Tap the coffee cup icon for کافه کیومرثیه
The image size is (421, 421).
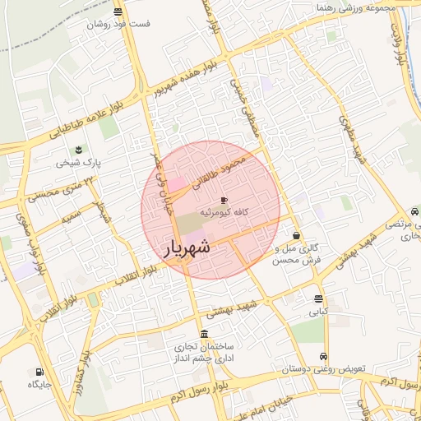[x=224, y=200]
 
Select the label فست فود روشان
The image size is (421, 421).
[x=120, y=24]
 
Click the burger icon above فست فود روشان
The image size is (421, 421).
[x=119, y=12]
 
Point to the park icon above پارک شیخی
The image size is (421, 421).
[x=78, y=150]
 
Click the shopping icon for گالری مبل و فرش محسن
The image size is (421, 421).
[x=296, y=236]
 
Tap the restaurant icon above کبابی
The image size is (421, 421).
[x=318, y=298]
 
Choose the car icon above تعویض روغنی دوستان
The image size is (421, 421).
[x=324, y=357]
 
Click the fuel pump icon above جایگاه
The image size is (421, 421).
[x=39, y=372]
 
